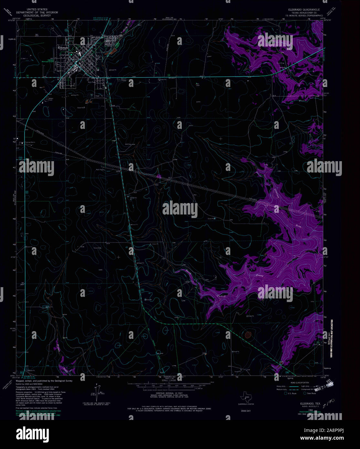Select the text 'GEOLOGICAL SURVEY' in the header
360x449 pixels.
coord(42,15)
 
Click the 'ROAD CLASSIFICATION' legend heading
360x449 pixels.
coord(300,382)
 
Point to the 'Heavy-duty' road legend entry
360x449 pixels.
coord(281,386)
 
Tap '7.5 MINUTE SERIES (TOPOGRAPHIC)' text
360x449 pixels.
coord(302,15)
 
